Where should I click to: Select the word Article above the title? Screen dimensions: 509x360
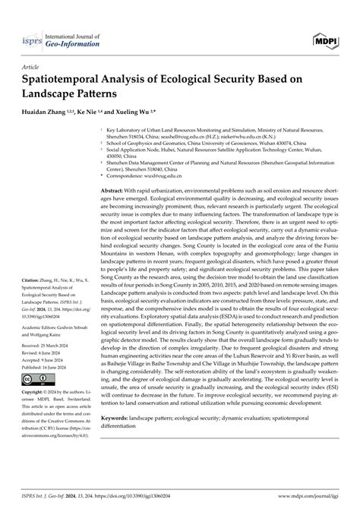point(31,67)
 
